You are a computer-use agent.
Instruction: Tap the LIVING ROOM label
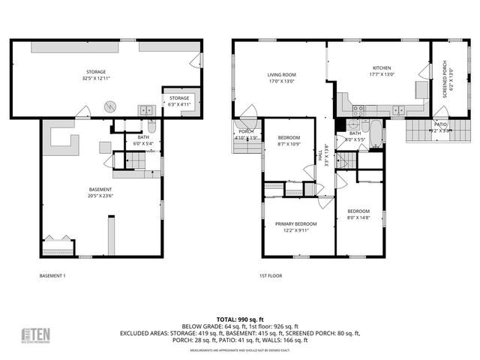click(282, 74)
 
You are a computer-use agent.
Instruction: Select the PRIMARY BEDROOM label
click(295, 223)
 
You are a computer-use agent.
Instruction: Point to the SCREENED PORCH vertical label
click(444, 79)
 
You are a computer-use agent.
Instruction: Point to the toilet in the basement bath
click(151, 126)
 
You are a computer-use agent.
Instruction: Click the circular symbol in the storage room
click(110, 105)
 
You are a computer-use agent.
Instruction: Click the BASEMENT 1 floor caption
click(52, 276)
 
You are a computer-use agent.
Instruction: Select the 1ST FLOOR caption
click(270, 276)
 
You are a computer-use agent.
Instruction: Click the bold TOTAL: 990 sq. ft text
click(239, 319)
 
